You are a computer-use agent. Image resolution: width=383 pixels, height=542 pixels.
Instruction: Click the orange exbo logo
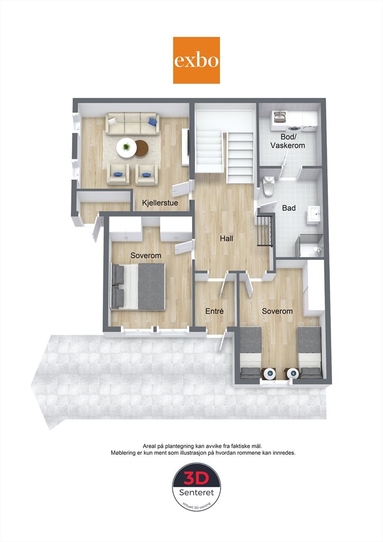coord(196,60)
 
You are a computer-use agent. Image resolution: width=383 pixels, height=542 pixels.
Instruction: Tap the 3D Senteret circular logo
coord(196,487)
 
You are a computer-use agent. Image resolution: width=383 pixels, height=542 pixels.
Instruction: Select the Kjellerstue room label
coord(160,203)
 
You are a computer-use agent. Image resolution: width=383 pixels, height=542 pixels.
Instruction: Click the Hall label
coord(226,238)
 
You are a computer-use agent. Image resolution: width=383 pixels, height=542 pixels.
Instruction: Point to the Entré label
coord(214,311)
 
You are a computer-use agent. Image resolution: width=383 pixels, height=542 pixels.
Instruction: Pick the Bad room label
coord(289,207)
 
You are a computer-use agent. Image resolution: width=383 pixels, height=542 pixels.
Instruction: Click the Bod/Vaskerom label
coord(288,141)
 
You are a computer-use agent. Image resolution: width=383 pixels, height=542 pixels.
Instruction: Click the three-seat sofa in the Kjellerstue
coord(133,123)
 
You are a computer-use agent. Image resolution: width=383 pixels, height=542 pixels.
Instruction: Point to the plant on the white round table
coord(126,147)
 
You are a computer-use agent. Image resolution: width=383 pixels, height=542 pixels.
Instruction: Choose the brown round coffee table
coord(142,148)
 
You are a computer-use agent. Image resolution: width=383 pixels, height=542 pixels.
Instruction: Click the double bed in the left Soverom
coord(138,286)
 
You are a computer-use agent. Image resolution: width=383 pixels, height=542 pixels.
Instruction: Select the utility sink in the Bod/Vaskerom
coord(279,117)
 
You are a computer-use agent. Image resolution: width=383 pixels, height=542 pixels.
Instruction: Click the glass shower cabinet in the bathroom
coord(311,246)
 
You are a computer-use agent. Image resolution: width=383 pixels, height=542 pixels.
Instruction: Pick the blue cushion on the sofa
coord(152,121)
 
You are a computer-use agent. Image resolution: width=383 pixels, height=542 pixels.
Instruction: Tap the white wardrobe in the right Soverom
coord(314,287)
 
